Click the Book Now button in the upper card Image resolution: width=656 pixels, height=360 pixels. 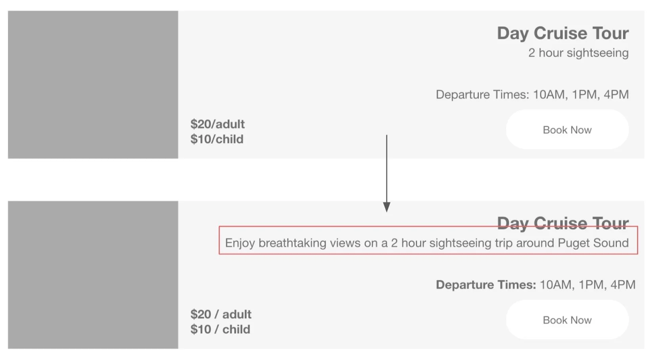pyautogui.click(x=567, y=130)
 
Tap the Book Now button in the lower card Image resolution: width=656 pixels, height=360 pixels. pyautogui.click(x=567, y=320)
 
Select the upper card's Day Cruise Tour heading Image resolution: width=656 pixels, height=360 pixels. pyautogui.click(x=562, y=33)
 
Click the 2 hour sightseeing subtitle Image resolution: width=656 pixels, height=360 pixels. pyautogui.click(x=578, y=53)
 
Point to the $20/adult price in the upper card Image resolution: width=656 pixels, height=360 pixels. pyautogui.click(x=217, y=124)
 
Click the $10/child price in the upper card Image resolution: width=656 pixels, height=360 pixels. pyautogui.click(x=217, y=139)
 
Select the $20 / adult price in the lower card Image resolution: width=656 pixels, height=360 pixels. pyautogui.click(x=221, y=314)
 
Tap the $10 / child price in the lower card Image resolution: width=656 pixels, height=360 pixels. pyautogui.click(x=220, y=329)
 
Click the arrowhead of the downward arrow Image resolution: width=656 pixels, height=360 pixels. pyautogui.click(x=386, y=207)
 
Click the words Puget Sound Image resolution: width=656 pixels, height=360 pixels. pyautogui.click(x=593, y=243)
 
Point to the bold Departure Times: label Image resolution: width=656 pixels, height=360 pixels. pyautogui.click(x=485, y=285)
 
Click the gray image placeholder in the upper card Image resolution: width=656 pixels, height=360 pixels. pyautogui.click(x=93, y=84)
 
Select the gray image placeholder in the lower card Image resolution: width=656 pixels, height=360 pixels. pyautogui.click(x=93, y=275)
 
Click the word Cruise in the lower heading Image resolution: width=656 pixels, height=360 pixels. pyautogui.click(x=560, y=223)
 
